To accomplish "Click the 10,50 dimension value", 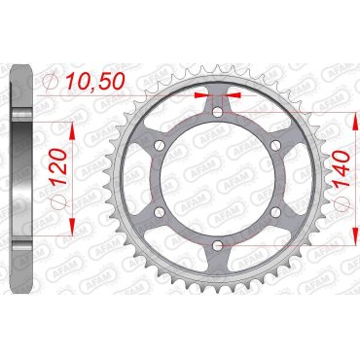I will click(x=98, y=86).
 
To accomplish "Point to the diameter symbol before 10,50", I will click(x=54, y=86).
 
